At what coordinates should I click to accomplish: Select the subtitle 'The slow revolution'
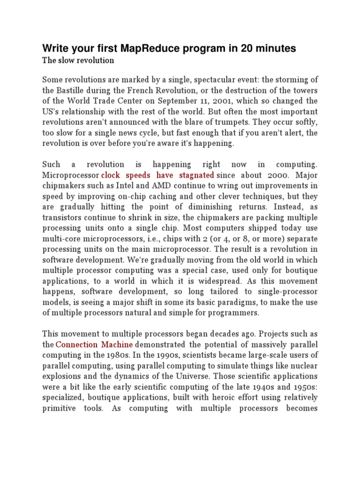(x=78, y=60)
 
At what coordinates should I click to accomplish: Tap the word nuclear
(x=300, y=366)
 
